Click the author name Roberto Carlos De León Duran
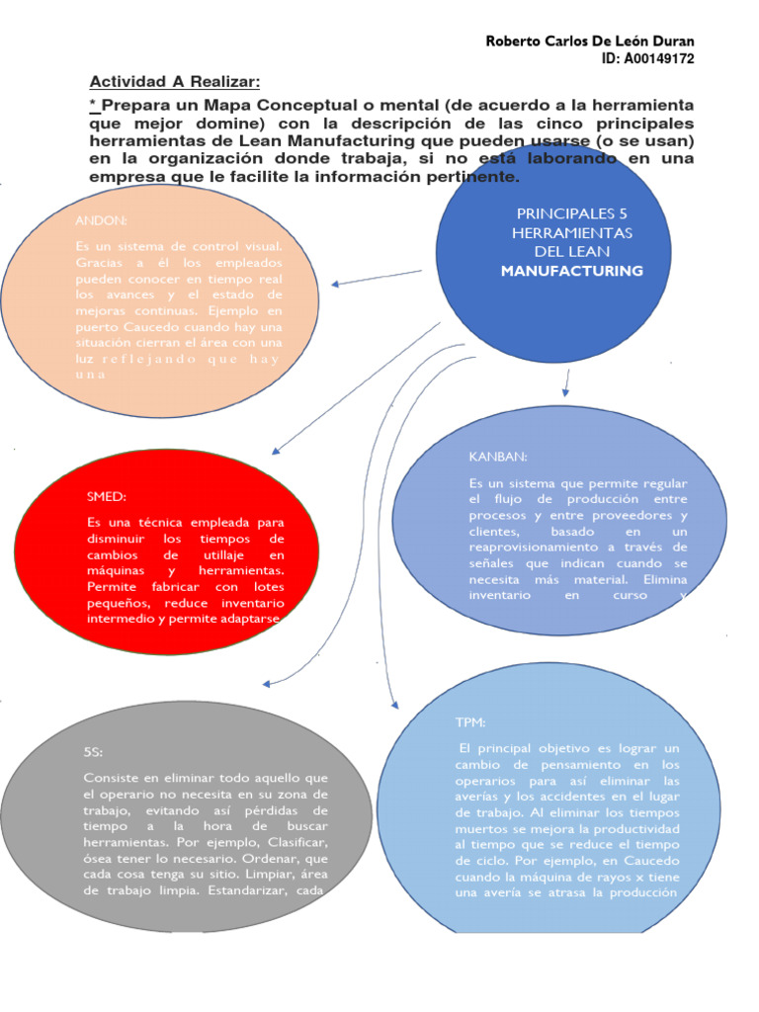pos(589,41)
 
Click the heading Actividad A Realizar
pos(175,81)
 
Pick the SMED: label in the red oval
pos(107,497)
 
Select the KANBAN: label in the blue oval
pos(498,457)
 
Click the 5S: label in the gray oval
pos(94,753)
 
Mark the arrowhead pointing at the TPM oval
pos(394,704)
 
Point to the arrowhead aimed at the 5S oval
pos(266,683)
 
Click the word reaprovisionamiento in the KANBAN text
pos(534,548)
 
